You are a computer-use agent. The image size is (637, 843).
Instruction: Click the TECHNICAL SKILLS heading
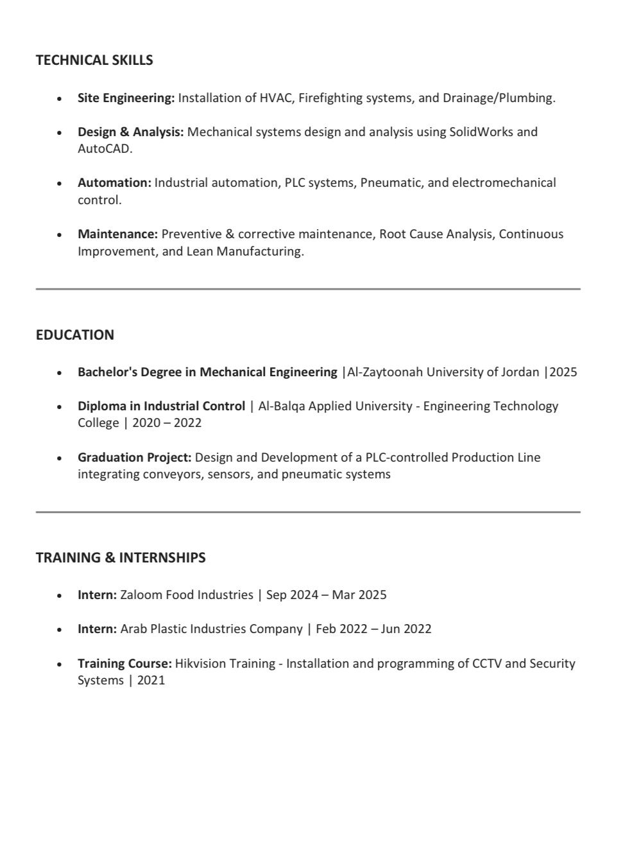pyautogui.click(x=94, y=60)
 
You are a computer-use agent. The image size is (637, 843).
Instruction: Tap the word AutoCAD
pyautogui.click(x=104, y=149)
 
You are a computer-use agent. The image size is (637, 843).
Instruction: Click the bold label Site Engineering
pyautogui.click(x=126, y=98)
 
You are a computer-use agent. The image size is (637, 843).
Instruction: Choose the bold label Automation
pyautogui.click(x=114, y=183)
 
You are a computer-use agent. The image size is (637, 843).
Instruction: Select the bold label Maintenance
pyautogui.click(x=117, y=234)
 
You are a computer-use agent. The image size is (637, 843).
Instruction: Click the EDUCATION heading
pyautogui.click(x=75, y=335)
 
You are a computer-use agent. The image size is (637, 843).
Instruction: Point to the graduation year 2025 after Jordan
pyautogui.click(x=563, y=372)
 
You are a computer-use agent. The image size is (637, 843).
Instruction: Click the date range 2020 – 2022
pyautogui.click(x=167, y=423)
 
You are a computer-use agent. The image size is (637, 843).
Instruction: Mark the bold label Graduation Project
pyautogui.click(x=134, y=458)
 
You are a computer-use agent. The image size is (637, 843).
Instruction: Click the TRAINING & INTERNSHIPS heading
pyautogui.click(x=121, y=558)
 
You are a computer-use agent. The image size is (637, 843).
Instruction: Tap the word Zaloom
pyautogui.click(x=141, y=595)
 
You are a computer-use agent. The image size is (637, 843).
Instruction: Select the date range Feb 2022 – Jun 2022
pyautogui.click(x=373, y=629)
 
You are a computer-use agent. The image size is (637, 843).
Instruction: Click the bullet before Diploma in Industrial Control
pyautogui.click(x=60, y=407)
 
